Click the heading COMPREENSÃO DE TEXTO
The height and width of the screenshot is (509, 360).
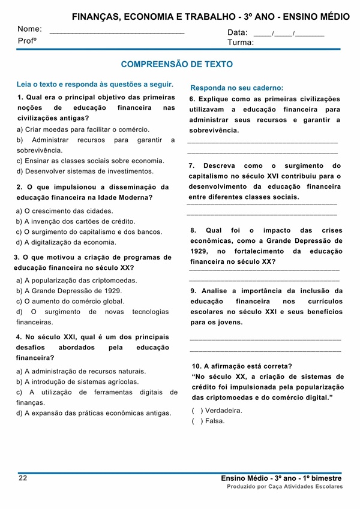176,64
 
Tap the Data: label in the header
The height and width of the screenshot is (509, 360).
238,32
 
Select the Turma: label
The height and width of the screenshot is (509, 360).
241,43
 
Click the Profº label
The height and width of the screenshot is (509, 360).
27,41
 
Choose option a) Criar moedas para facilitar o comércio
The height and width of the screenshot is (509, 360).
83,129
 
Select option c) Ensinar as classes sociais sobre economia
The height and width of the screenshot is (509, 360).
91,161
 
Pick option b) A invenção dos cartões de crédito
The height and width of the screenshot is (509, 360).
76,221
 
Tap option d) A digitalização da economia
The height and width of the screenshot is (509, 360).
67,242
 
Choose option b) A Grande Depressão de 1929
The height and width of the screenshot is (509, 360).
69,291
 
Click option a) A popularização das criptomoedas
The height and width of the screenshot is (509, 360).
77,280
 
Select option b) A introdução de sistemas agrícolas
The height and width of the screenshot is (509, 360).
78,381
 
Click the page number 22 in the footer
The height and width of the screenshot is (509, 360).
23,478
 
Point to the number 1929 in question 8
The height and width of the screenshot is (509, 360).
199,251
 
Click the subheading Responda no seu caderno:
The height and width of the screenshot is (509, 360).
237,88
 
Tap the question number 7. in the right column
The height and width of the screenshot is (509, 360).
192,165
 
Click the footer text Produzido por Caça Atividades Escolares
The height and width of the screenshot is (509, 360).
284,487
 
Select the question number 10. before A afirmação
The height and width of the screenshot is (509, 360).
197,366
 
